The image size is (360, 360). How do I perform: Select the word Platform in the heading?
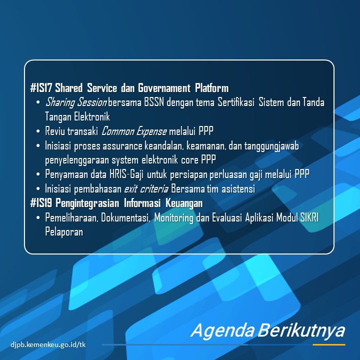211,88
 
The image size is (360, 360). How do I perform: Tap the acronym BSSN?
154,102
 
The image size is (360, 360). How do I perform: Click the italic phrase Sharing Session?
76,102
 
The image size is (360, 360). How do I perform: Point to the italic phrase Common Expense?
134,131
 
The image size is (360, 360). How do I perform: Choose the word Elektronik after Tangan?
92,116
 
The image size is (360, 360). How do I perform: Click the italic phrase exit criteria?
146,189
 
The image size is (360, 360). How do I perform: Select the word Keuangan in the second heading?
184,203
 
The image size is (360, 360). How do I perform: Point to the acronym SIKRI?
309,217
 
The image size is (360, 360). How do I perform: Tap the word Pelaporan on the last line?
64,232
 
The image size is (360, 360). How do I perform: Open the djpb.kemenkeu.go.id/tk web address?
48,344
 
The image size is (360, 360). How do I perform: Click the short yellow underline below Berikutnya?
329,344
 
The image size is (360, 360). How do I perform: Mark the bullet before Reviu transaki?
38,131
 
